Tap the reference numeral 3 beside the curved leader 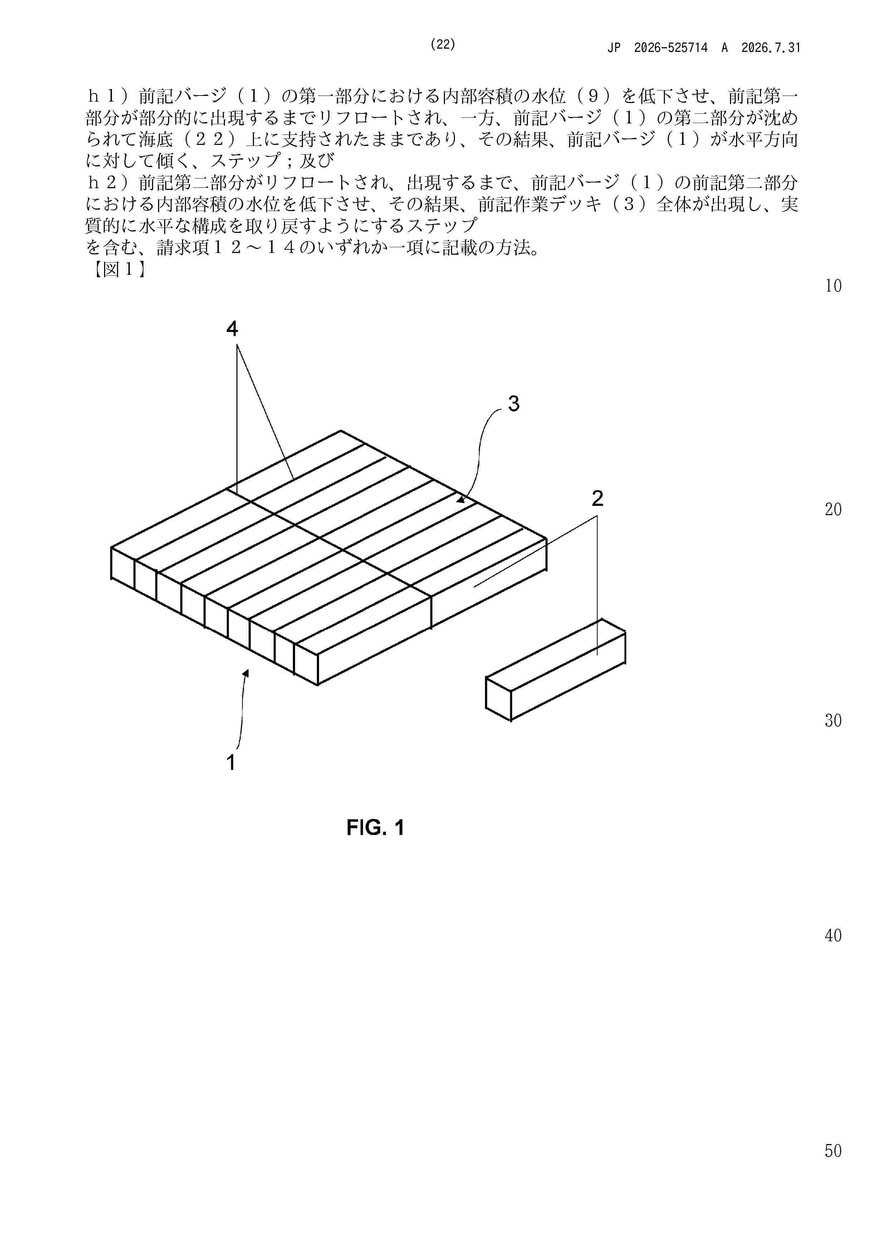[x=514, y=404]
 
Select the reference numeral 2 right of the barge [x=597, y=498]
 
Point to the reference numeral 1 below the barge [x=231, y=762]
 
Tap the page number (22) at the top [x=443, y=45]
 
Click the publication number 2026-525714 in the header [x=671, y=48]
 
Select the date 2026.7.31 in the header [x=771, y=48]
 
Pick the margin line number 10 [x=833, y=286]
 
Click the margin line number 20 [x=833, y=509]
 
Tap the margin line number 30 [x=833, y=721]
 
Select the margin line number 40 [x=833, y=936]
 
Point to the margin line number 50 [x=833, y=1151]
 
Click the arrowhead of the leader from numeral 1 [x=246, y=673]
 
